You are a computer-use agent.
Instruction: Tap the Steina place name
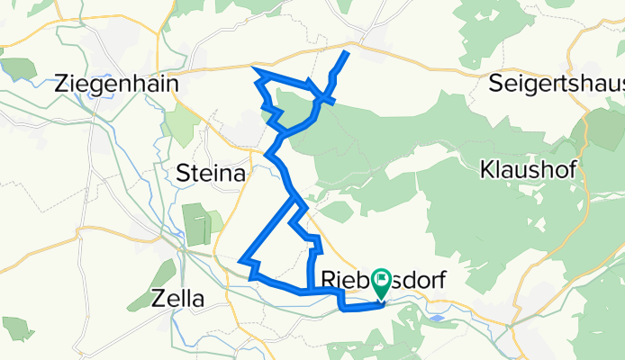click(x=212, y=175)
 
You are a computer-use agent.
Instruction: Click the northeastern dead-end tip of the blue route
click(x=347, y=53)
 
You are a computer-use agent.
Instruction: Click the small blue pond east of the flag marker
click(x=437, y=317)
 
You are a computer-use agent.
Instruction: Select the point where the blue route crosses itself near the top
click(x=318, y=97)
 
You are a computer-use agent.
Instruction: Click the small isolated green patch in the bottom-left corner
click(x=17, y=327)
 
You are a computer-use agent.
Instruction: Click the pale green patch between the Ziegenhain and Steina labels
click(x=181, y=126)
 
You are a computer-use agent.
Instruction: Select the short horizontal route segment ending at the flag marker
click(x=360, y=309)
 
